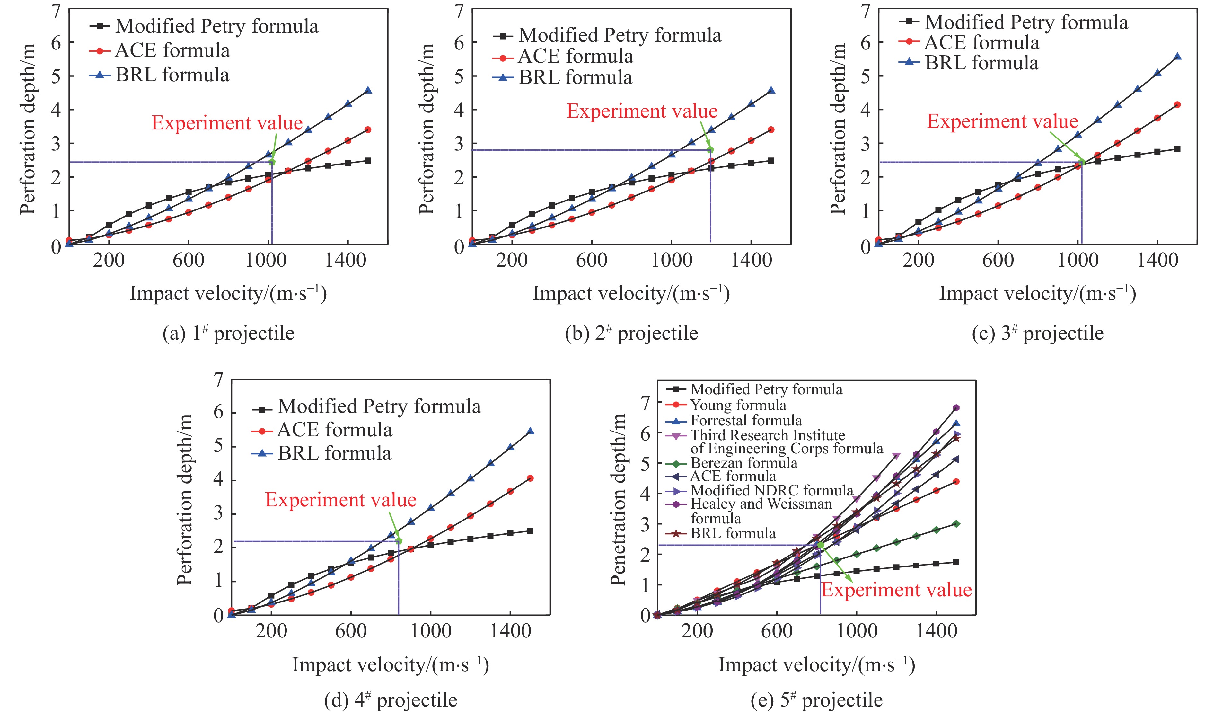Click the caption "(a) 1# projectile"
pos(228,334)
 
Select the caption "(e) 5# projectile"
pos(816,700)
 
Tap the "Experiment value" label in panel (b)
pos(642,111)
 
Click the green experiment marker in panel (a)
pos(272,162)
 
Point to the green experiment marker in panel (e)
pos(820,545)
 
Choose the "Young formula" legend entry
pos(738,405)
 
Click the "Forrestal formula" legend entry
pos(746,420)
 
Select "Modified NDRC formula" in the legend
pos(772,491)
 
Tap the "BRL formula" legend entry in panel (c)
pos(981,63)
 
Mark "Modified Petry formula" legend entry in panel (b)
pos(620,35)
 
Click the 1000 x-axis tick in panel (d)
pos(431,630)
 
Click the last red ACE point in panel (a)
pos(368,130)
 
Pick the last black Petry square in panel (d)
pos(530,531)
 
